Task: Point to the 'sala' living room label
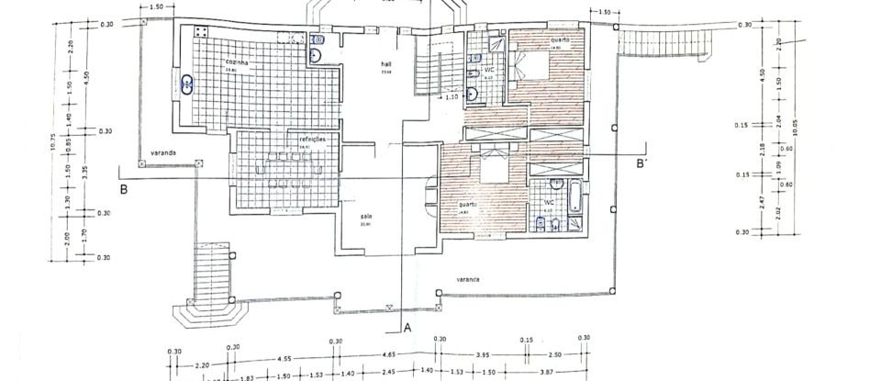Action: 364,218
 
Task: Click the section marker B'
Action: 642,162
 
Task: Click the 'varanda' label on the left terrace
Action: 165,152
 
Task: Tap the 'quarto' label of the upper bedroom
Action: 560,40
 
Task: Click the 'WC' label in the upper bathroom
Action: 489,71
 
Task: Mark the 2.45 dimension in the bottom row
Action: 389,375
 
